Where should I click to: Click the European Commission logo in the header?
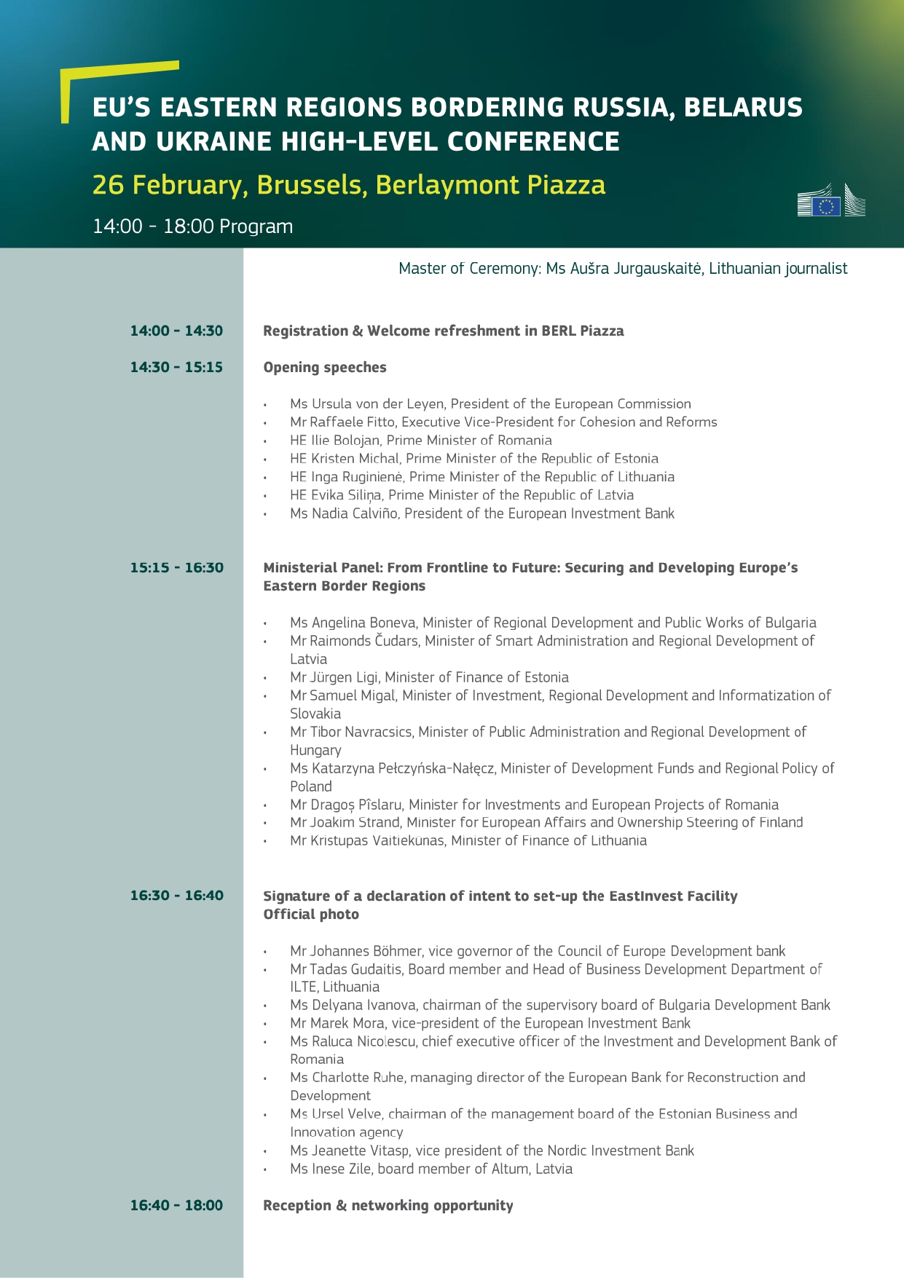831,200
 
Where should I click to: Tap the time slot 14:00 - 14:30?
176,331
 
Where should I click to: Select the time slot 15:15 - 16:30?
176,567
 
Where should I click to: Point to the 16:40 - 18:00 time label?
176,1205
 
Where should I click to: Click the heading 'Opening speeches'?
325,367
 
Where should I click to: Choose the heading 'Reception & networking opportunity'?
388,1205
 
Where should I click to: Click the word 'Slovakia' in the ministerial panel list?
315,714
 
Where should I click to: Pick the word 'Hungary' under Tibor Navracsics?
315,750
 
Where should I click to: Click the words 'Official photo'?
311,914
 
